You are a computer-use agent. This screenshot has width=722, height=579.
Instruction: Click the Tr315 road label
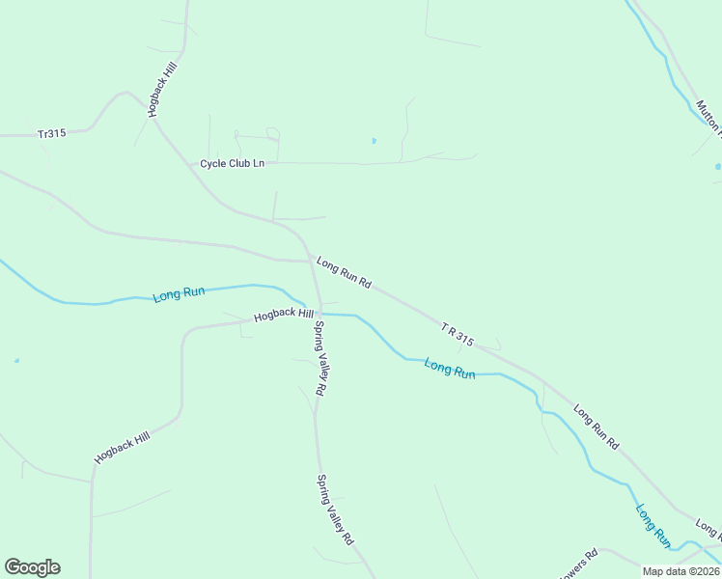(51, 133)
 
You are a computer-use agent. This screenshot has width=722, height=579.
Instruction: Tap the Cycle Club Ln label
(232, 163)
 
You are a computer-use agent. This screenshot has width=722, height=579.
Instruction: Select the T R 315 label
(458, 334)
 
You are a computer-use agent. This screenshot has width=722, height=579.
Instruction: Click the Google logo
(32, 567)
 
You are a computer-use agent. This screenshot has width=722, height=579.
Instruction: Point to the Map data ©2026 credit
(680, 571)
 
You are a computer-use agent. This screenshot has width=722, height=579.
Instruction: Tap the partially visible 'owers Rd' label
(579, 560)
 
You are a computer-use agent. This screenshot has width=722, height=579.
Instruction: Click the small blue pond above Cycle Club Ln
(374, 141)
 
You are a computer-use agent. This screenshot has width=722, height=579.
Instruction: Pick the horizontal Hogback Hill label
(284, 316)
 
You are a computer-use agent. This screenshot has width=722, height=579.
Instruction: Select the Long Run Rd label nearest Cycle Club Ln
(344, 273)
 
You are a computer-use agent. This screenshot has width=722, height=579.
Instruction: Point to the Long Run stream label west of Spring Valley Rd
(179, 293)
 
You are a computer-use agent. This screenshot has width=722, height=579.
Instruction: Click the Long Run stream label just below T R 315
(450, 369)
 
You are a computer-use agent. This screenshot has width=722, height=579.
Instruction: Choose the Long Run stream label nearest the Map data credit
(653, 524)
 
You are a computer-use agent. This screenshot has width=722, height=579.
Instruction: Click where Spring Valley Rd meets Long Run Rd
(306, 260)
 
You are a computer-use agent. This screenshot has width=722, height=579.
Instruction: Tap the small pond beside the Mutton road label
(717, 167)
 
